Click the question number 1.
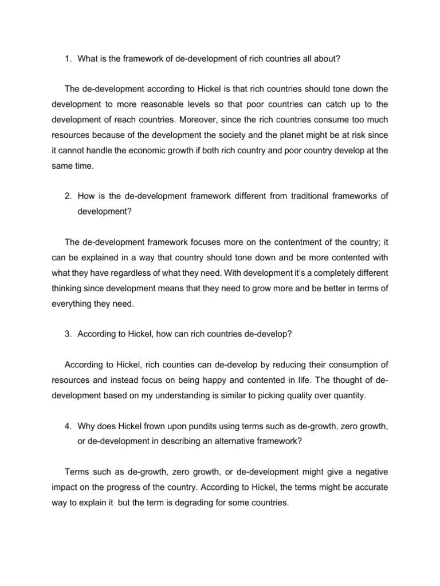pyautogui.click(x=67, y=58)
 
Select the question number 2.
pyautogui.click(x=67, y=196)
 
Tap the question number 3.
pyautogui.click(x=67, y=334)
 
